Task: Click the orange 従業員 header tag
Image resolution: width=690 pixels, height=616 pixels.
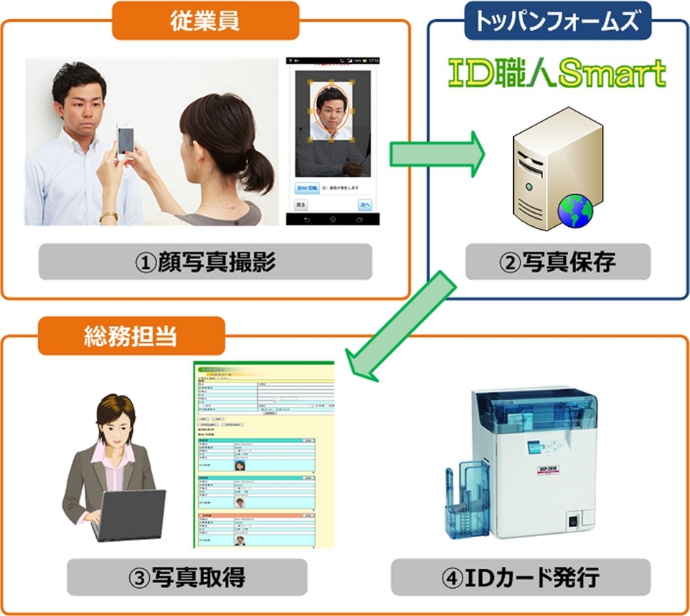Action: pos(206,21)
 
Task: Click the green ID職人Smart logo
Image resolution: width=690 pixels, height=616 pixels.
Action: pos(557,73)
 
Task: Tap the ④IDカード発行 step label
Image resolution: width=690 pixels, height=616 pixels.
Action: pos(520,577)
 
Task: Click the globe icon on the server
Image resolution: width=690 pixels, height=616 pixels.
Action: pos(575,209)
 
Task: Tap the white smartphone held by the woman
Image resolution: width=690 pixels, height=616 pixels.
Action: pos(126,137)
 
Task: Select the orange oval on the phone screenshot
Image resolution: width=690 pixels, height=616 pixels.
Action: pos(334,114)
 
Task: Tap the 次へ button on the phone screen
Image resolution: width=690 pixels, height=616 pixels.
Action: pos(364,204)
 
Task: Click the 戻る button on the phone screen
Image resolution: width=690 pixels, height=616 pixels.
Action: pos(301,204)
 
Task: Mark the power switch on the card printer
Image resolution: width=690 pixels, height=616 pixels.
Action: pos(574,522)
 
